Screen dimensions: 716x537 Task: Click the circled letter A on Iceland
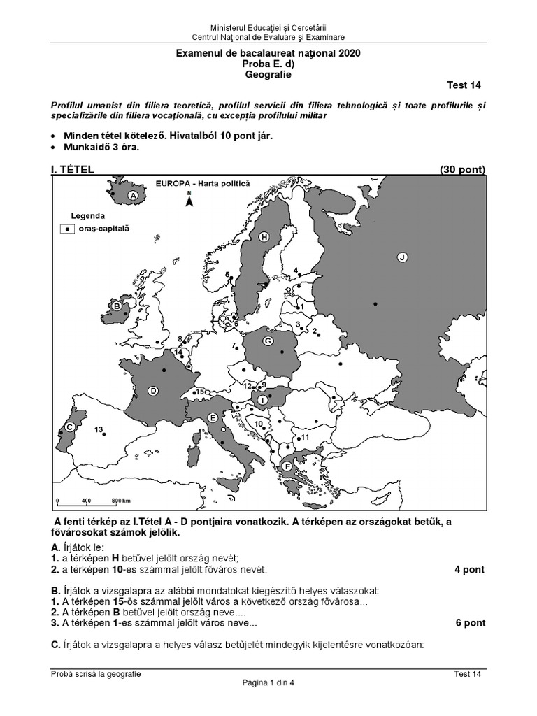point(131,197)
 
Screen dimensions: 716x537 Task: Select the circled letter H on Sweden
point(264,237)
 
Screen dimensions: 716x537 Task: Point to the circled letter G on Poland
point(266,341)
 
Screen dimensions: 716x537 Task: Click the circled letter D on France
point(152,391)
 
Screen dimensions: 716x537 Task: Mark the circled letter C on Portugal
point(70,427)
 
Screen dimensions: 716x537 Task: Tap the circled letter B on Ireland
point(116,305)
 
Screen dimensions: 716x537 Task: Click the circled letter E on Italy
point(212,417)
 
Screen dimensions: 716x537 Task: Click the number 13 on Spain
point(99,429)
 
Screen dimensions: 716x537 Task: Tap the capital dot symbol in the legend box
point(66,229)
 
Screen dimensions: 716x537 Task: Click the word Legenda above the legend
point(87,216)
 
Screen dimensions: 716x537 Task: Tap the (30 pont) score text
point(462,169)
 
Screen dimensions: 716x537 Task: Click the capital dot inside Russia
point(376,303)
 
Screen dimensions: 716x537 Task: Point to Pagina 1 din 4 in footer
point(268,683)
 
